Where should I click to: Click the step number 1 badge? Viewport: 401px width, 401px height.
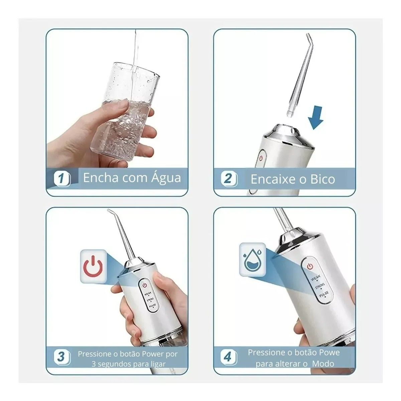coord(62,179)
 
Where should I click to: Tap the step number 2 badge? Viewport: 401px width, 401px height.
coord(229,179)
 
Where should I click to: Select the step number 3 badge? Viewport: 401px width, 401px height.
coord(62,357)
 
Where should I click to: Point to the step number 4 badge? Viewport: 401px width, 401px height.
coord(229,357)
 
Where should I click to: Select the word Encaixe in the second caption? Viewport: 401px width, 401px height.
coord(274,179)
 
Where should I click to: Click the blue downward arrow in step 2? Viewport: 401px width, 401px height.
coord(316,118)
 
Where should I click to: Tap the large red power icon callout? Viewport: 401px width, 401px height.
coord(93,267)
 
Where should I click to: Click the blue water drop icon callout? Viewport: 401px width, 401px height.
coord(253,260)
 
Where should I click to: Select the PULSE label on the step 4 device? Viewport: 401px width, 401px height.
coord(324,294)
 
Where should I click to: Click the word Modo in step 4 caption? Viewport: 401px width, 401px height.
coord(323,364)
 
